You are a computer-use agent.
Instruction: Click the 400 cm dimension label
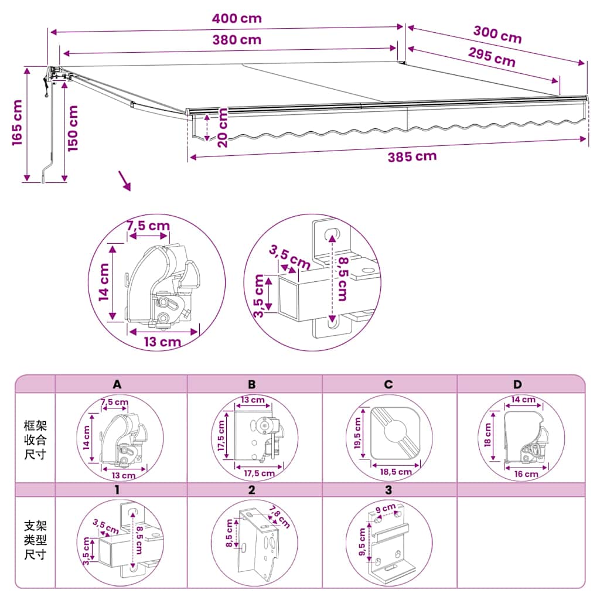(237, 18)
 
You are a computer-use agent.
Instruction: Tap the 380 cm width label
(237, 40)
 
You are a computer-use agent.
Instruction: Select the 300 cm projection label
(497, 35)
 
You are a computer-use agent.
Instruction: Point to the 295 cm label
(492, 57)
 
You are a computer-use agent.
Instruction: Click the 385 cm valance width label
(412, 156)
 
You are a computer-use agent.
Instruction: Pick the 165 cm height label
(17, 122)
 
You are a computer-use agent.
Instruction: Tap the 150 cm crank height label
(73, 128)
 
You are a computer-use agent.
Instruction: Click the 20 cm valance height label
(222, 127)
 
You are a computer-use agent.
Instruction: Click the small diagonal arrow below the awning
(125, 180)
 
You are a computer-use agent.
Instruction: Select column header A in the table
(117, 384)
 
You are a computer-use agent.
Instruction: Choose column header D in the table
(517, 384)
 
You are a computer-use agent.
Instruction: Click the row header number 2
(251, 490)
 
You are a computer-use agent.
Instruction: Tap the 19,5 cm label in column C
(358, 433)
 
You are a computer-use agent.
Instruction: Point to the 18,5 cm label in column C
(396, 472)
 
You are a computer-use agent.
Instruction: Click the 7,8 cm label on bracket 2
(279, 517)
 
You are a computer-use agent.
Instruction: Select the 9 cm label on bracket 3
(386, 509)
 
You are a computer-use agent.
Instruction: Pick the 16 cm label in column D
(526, 474)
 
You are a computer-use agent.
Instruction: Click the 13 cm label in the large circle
(163, 342)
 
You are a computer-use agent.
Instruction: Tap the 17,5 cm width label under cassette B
(260, 473)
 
